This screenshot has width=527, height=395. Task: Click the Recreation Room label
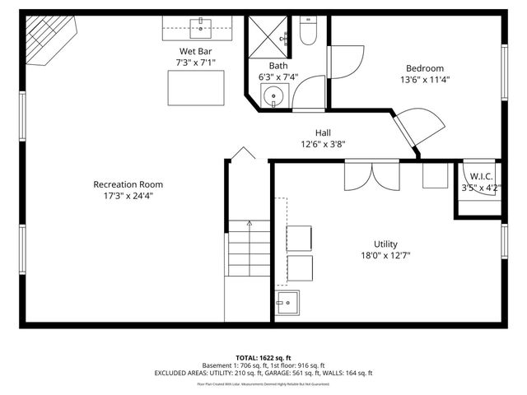pos(128,184)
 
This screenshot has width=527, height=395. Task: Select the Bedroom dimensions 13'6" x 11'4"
pos(424,80)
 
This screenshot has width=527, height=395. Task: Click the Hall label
pos(323,132)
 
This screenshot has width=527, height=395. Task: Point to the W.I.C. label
pos(481,176)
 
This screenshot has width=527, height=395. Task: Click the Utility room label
pos(385,244)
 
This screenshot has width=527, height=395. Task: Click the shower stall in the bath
pos(268,37)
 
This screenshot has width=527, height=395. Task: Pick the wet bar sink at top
pos(200,23)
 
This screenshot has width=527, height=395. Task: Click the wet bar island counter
pos(196,86)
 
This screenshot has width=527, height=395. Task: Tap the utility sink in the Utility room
pos(287,303)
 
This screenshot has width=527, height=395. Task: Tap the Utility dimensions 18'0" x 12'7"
pos(385,256)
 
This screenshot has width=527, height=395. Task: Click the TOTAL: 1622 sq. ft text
pos(263,358)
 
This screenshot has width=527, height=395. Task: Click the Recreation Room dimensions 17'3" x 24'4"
pos(128,196)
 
